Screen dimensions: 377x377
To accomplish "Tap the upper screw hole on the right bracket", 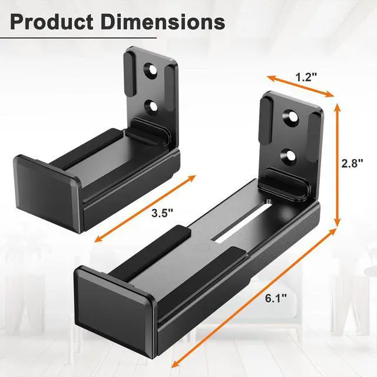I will (292, 117).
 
